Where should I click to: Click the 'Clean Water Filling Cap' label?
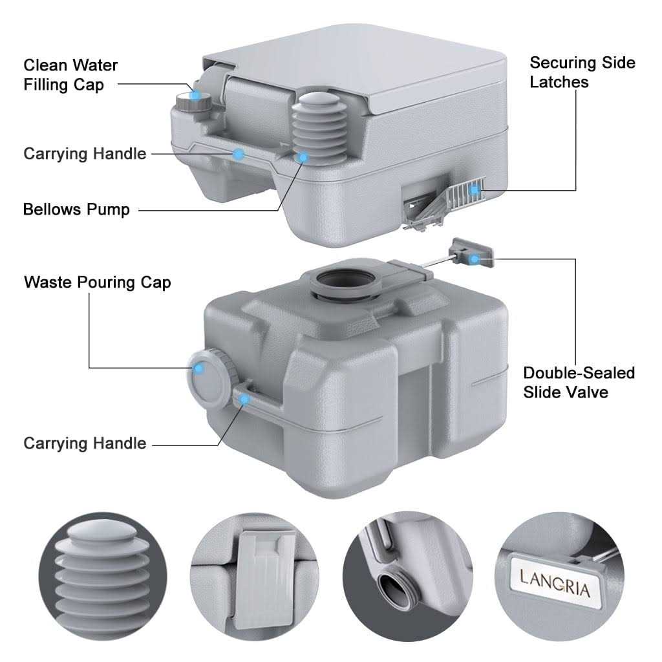pos(70,75)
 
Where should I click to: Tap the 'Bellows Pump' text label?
pos(76,209)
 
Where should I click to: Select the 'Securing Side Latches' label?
pos(582,72)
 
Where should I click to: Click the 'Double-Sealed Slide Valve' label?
pos(579,382)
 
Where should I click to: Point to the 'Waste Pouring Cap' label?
pos(97,283)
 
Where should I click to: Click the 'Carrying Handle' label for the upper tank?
pos(85,153)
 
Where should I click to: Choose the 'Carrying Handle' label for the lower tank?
pos(85,443)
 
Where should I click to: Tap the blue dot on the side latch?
pos(475,189)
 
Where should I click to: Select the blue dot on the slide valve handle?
pos(475,259)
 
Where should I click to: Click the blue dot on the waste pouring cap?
pos(199,368)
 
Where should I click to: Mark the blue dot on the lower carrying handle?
pos(244,400)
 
